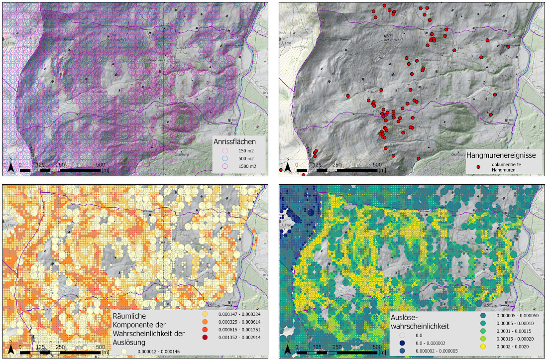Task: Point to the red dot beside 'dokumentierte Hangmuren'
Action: [478, 167]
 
